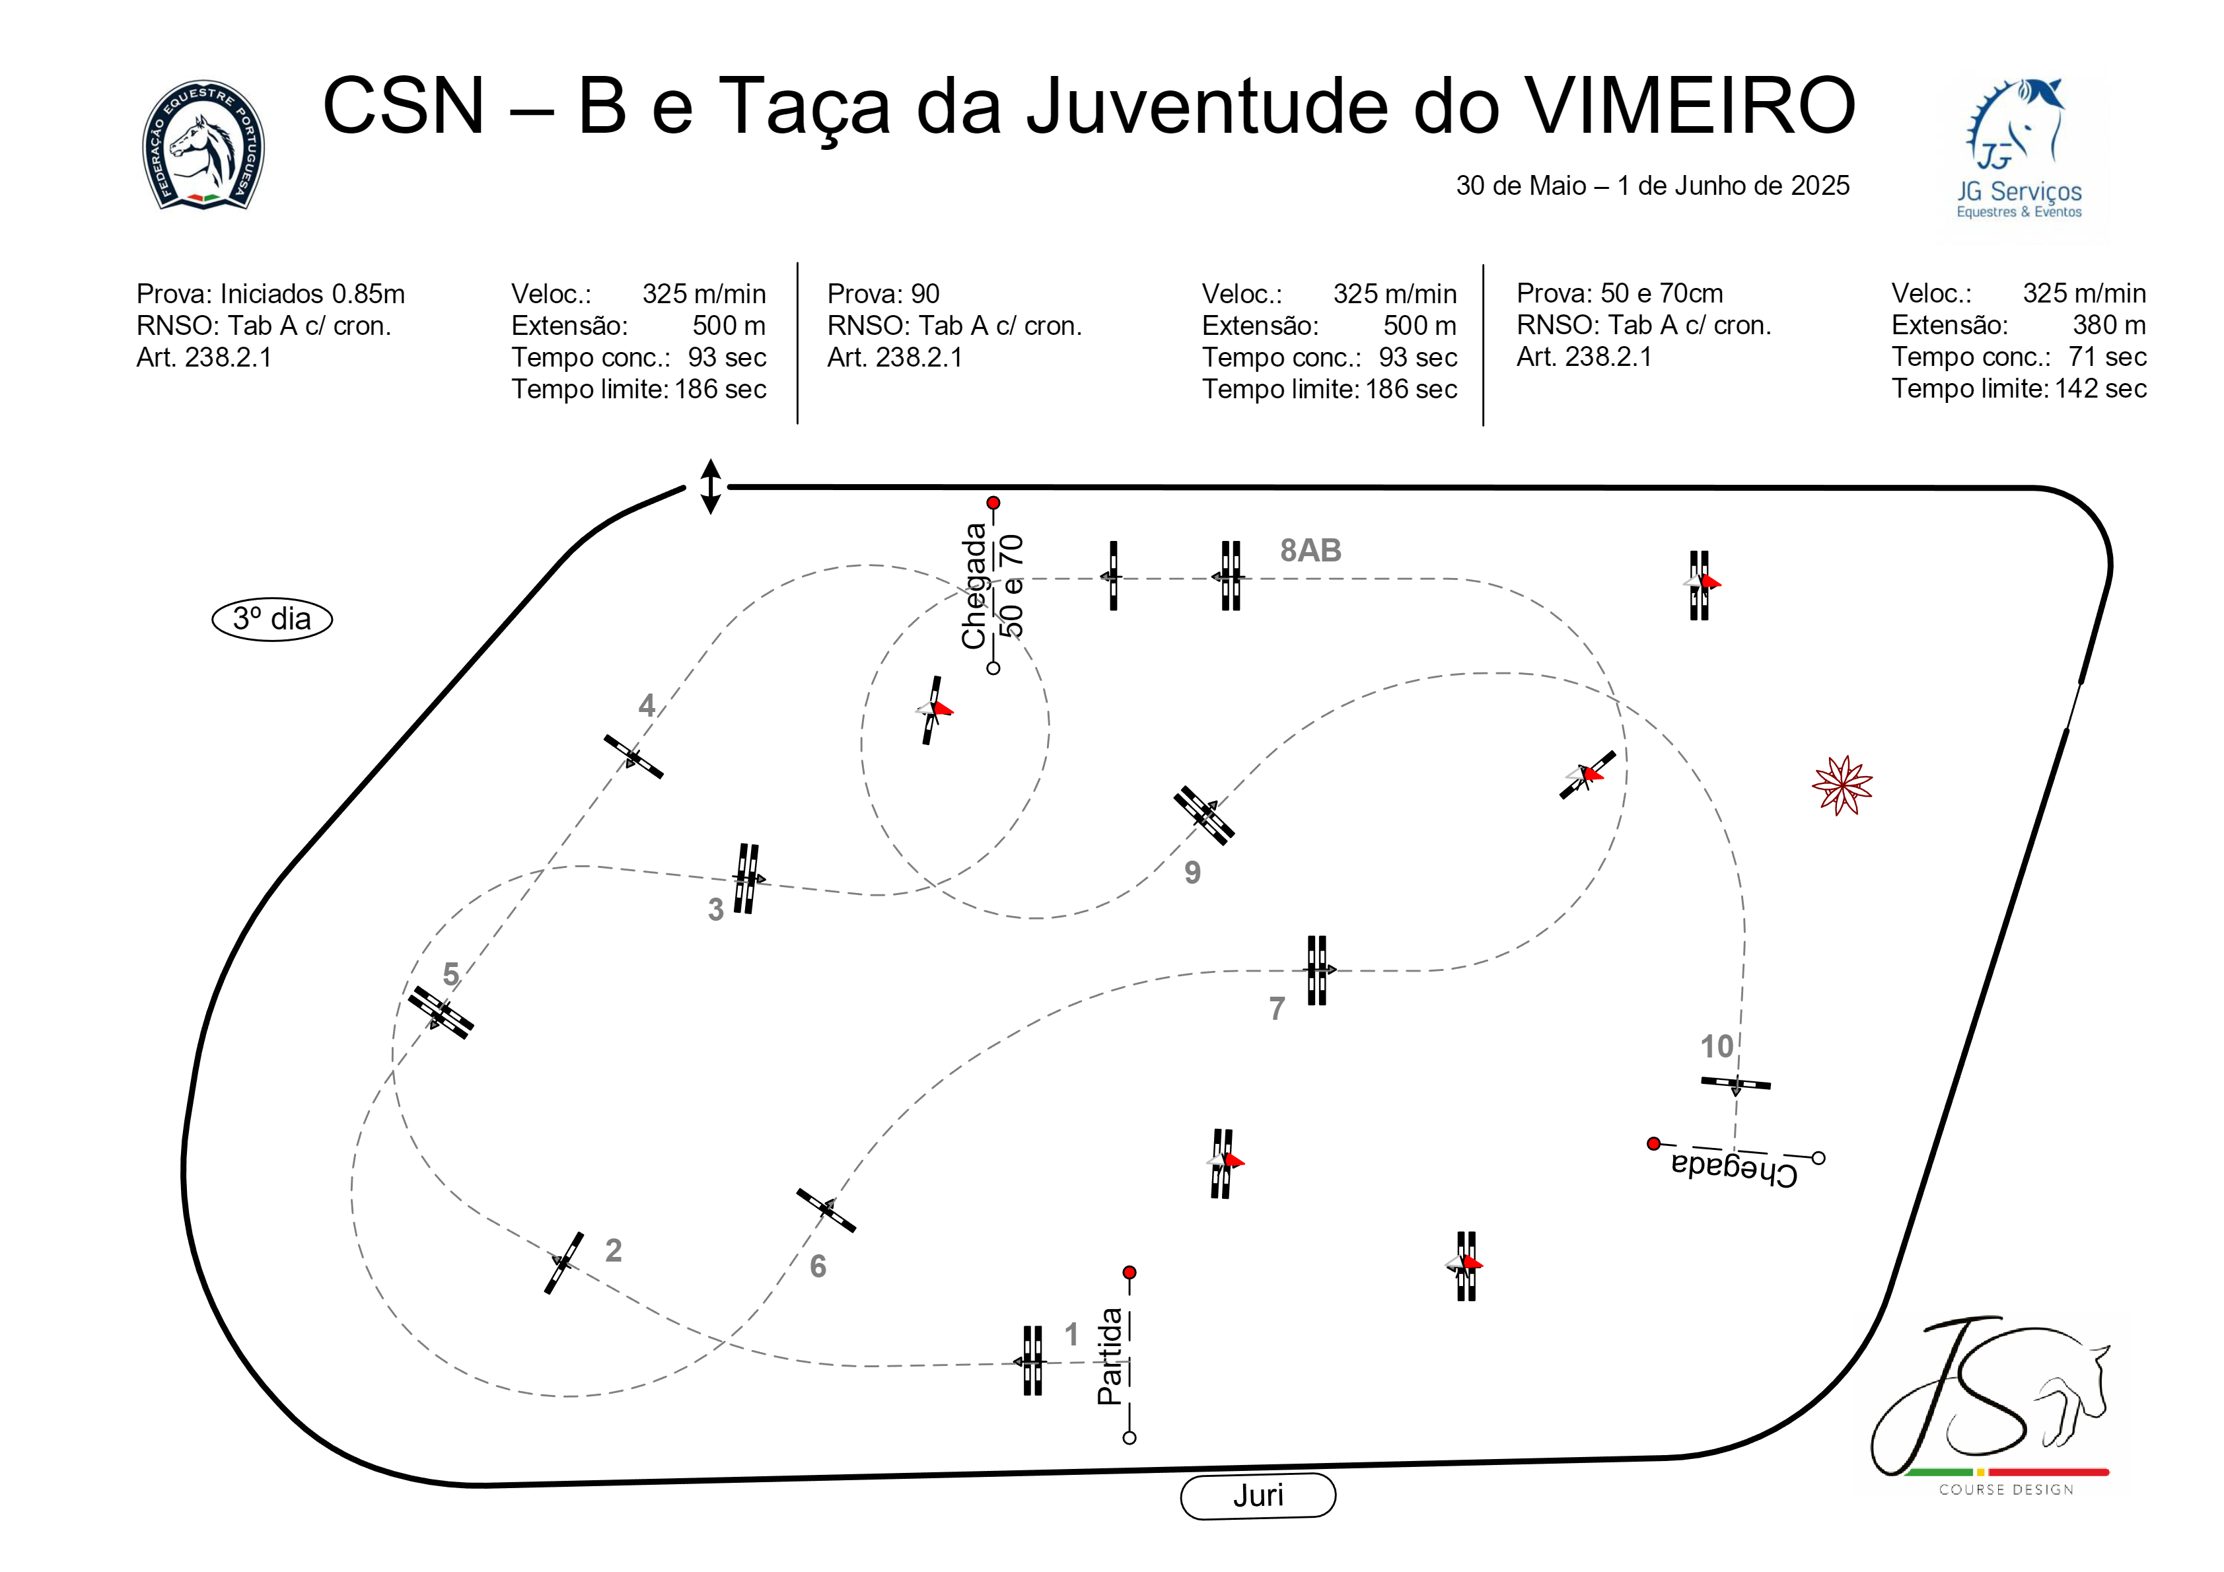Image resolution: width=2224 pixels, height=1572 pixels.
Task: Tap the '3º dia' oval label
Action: [272, 619]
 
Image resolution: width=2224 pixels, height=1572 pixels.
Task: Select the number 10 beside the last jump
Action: [1717, 1046]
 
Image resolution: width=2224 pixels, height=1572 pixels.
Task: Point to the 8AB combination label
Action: [1310, 550]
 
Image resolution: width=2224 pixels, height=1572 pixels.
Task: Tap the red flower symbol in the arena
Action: [1842, 785]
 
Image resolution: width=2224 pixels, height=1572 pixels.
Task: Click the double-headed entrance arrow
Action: [710, 486]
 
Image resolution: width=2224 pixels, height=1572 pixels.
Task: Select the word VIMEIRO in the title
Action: [1690, 106]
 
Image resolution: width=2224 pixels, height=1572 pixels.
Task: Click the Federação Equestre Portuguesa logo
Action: [203, 145]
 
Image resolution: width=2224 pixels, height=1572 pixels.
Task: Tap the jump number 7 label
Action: [1277, 1009]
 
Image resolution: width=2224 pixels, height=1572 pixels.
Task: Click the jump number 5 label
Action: [450, 974]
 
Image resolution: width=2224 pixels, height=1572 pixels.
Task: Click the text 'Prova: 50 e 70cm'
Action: [1620, 293]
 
